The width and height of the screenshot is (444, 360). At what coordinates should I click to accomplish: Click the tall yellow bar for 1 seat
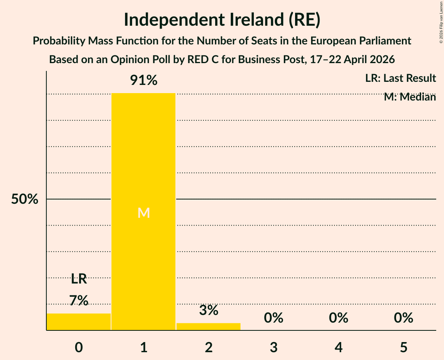(143, 212)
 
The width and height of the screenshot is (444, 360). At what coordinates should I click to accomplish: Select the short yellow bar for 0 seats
(79, 322)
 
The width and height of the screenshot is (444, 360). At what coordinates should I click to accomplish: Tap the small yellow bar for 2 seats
(209, 326)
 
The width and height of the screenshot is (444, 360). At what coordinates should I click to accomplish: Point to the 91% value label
(143, 80)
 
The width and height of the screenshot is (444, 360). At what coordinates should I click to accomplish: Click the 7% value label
(79, 300)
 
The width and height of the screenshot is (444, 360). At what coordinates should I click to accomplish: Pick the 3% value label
(209, 310)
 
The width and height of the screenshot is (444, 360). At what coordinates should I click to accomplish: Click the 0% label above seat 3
(274, 318)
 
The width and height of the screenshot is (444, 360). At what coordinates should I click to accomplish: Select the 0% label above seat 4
(338, 318)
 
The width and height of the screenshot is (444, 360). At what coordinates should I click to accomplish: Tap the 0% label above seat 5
(403, 318)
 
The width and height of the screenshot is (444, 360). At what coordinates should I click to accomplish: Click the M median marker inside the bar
(143, 213)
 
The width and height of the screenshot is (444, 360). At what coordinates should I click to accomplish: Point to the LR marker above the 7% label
(79, 279)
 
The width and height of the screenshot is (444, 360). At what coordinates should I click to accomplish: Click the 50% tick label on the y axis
(25, 199)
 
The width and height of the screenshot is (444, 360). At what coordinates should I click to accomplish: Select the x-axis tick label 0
(79, 347)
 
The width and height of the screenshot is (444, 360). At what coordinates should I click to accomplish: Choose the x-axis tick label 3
(274, 347)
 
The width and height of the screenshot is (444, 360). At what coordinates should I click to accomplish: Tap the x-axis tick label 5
(403, 347)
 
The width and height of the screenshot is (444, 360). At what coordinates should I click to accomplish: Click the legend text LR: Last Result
(400, 78)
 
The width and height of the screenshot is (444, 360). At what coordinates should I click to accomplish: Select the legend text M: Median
(410, 97)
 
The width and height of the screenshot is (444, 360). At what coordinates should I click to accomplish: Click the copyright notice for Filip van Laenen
(441, 23)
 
